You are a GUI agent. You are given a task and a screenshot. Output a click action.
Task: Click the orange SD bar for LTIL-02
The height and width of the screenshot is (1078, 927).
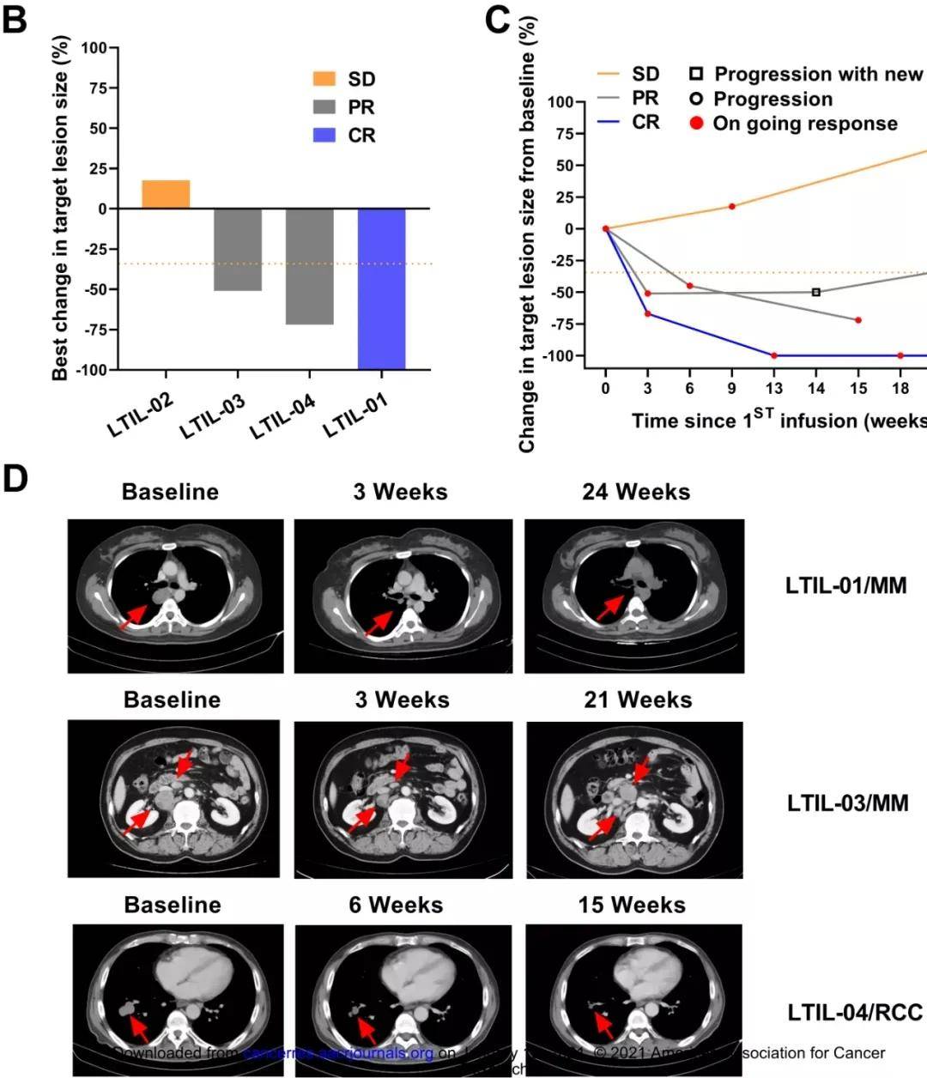[166, 195]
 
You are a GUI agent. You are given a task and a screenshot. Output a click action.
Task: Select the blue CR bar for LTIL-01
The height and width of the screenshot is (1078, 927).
[381, 289]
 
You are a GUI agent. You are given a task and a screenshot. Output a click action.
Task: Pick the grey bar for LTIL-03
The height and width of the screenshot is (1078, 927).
[238, 250]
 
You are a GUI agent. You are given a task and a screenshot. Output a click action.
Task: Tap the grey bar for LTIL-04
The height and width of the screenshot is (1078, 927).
[309, 267]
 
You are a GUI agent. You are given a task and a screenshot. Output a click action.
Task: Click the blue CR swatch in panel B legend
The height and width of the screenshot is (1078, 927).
[324, 136]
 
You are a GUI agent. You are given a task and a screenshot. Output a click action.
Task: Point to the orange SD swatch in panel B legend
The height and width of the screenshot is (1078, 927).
[324, 79]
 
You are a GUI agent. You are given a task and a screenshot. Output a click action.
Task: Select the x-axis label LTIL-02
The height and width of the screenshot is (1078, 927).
[141, 415]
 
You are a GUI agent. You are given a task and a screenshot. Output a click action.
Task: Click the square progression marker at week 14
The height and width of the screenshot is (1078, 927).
[816, 292]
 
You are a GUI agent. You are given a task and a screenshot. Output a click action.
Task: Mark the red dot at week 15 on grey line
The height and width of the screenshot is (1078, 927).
[858, 320]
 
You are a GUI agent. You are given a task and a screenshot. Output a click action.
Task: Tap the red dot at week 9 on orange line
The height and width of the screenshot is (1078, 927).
[732, 206]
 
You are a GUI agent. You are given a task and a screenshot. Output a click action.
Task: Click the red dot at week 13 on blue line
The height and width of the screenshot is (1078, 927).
[774, 355]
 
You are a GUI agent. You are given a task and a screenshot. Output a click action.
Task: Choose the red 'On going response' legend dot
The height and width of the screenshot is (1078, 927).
[697, 124]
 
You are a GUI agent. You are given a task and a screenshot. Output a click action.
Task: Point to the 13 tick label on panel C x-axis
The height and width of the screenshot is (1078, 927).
[774, 389]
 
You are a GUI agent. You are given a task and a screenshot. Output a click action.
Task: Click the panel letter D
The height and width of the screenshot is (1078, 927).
[15, 479]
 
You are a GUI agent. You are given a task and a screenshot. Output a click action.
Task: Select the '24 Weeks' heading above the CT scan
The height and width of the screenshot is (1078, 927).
[636, 492]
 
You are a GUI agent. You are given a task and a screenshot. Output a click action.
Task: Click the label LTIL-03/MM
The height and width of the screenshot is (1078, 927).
[847, 803]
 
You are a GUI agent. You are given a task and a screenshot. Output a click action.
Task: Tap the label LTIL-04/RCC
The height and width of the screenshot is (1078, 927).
[855, 1013]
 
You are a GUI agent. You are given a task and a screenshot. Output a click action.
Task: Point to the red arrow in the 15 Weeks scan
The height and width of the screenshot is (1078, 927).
[604, 1023]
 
